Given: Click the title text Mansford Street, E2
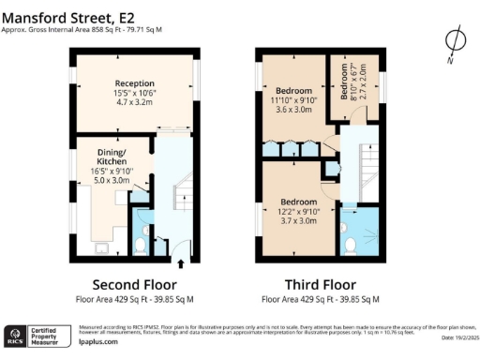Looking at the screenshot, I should [x=68, y=16].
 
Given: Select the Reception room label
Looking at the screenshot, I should [x=134, y=83].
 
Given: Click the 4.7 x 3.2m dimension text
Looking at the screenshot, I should [x=134, y=104].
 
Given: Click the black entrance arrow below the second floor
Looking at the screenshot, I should [x=180, y=264].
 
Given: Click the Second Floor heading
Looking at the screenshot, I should [x=134, y=284].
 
